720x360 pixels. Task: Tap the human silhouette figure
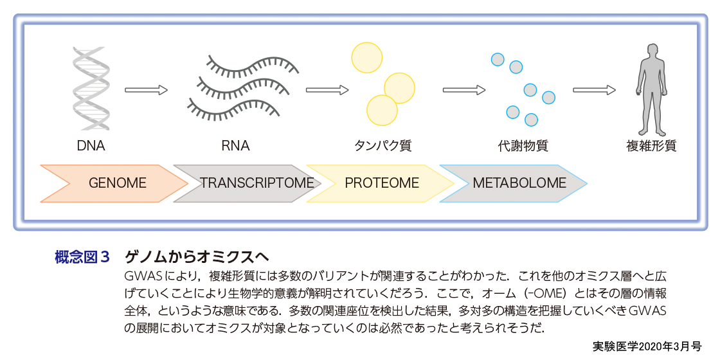(x=652, y=87)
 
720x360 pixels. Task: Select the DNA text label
(x=91, y=146)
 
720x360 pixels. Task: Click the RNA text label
(x=235, y=146)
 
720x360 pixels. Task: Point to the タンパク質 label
(x=382, y=146)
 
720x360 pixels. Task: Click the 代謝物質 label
(x=523, y=146)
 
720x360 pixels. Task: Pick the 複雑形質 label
(x=651, y=146)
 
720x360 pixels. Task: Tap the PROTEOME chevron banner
(x=383, y=183)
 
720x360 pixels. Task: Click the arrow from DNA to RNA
(x=146, y=90)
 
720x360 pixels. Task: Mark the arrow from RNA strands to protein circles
(x=327, y=90)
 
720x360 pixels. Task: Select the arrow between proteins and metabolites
(x=464, y=90)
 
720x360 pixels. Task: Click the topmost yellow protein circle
(x=367, y=57)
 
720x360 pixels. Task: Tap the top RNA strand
(x=251, y=64)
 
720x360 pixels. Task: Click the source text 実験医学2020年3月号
(x=646, y=346)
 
